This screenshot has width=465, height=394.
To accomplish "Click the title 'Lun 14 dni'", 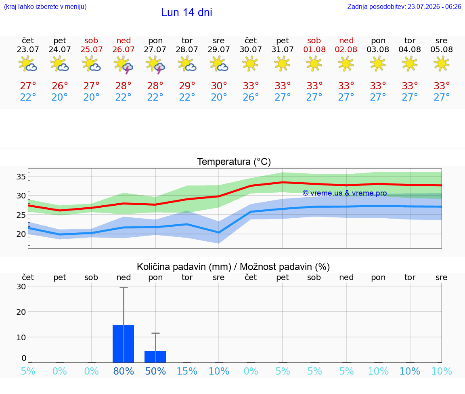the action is coord(186,13).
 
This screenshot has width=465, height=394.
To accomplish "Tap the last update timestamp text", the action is coord(404,7).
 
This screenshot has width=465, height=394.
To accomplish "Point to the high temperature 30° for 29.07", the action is coord(219,86).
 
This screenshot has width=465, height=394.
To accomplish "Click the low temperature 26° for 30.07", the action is coord(251,97).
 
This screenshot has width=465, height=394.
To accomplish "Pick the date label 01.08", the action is coord(314,50).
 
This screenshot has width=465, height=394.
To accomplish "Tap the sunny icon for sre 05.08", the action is coord(442,63).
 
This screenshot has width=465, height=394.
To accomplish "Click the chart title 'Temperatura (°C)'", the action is coord(234,162).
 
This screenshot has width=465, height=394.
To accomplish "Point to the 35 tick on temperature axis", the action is coord(21,177).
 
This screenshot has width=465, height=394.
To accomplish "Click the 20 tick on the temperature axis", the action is coord(21,234).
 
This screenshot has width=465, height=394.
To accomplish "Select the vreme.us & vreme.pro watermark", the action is coord(345,193).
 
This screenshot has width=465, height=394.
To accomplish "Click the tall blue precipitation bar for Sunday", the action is coord(124,344).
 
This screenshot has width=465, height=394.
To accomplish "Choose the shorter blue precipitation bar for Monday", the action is coord(155,356).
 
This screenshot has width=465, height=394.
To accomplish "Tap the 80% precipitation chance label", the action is coord(124,371).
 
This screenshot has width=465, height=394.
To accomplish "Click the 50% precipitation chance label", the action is coord(155,371).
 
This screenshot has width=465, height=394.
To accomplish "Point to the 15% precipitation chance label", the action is coord(187,371).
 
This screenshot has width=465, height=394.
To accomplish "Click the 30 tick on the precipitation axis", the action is coord(21,287).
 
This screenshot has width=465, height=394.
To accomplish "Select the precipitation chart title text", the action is coord(233,267).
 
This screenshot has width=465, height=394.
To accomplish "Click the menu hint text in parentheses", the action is coord(45,7).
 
